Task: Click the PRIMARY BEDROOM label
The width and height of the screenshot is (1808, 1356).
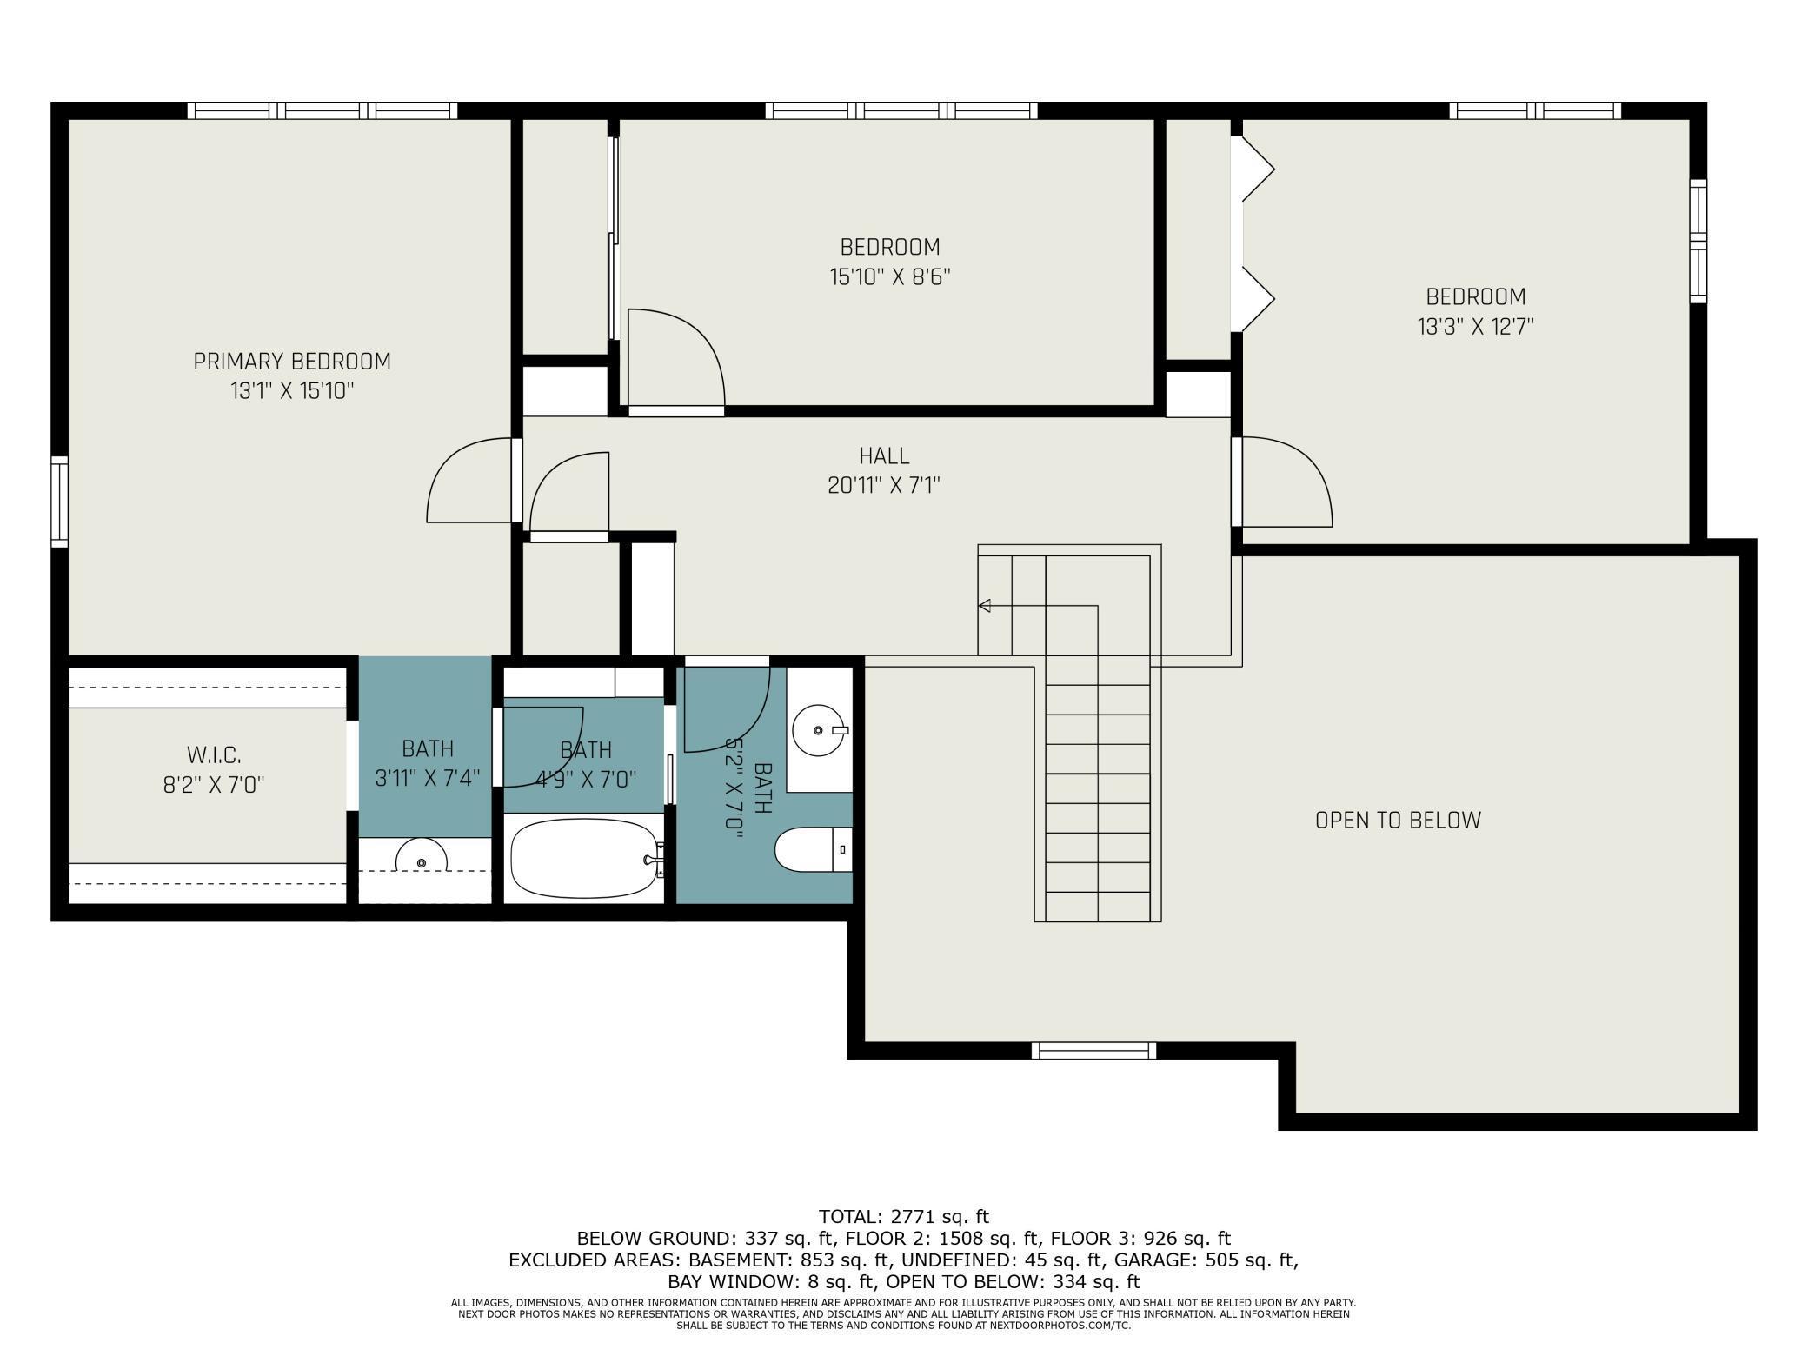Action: point(292,361)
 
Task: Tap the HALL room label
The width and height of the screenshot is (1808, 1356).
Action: point(884,455)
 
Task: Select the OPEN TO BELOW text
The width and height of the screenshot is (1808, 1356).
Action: point(1398,820)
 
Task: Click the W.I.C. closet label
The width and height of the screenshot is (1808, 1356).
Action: point(214,754)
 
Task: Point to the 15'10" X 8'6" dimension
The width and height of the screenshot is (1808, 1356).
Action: point(890,276)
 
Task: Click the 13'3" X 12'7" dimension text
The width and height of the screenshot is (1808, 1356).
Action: point(1476,327)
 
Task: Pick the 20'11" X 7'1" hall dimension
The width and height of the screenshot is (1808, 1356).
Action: point(884,485)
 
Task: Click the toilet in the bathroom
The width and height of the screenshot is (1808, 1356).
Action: point(813,850)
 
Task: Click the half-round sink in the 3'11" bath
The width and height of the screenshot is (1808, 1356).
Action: point(422,855)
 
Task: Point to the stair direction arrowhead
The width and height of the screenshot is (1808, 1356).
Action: point(984,606)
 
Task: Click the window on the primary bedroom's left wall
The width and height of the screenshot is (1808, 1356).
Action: point(59,502)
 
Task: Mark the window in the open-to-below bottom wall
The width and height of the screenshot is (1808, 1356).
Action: point(1093,1051)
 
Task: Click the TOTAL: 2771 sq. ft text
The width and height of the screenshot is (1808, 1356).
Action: point(904,1217)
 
